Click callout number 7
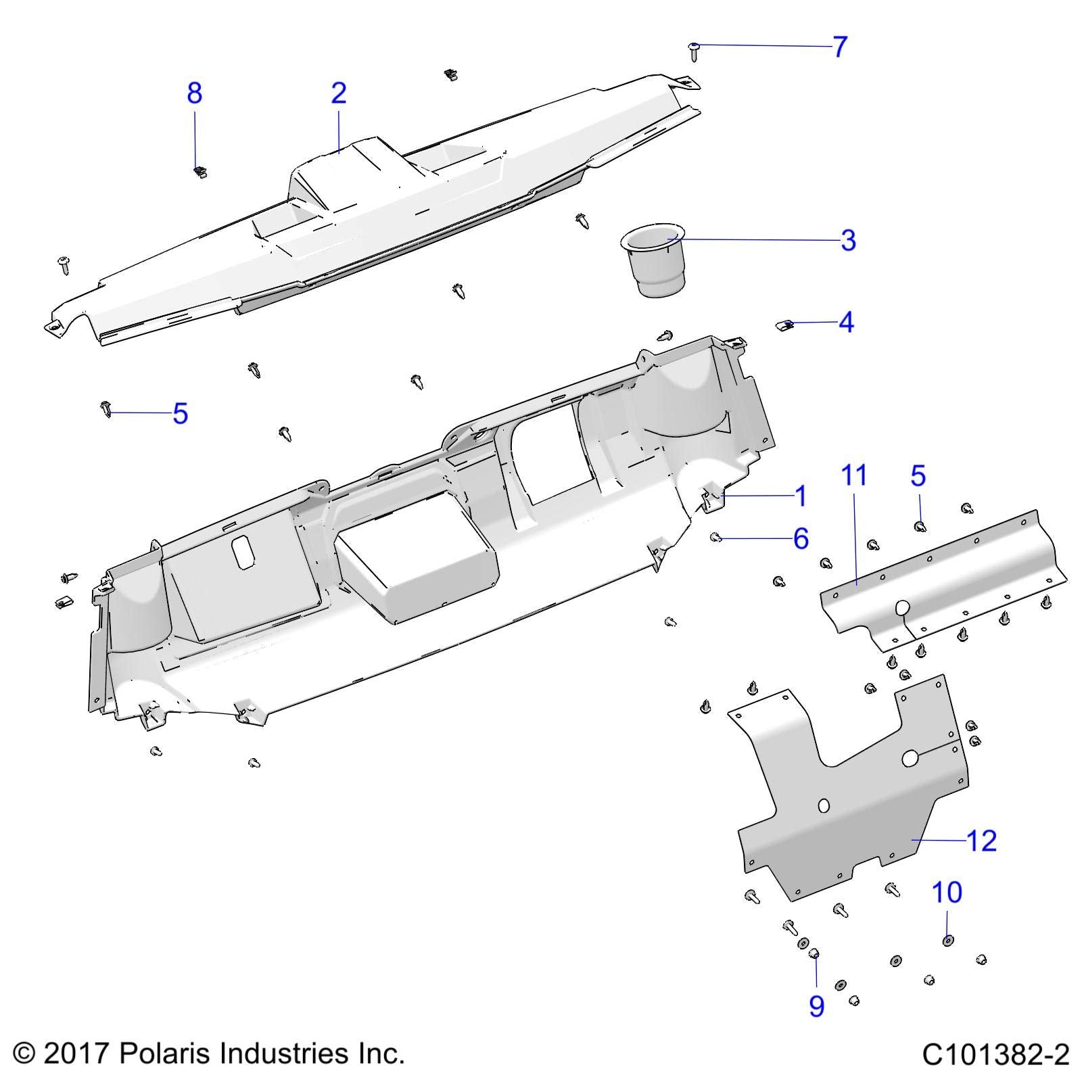840,47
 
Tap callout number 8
195,93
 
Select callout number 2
339,93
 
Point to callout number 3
848,240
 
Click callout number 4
846,323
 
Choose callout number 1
801,496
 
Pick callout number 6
801,539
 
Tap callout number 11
854,475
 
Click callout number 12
982,841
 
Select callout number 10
947,893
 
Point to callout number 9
817,1006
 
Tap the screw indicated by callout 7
694,51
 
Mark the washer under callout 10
947,941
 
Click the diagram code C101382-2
995,1054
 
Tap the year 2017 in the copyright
77,1053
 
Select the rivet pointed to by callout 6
716,538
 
